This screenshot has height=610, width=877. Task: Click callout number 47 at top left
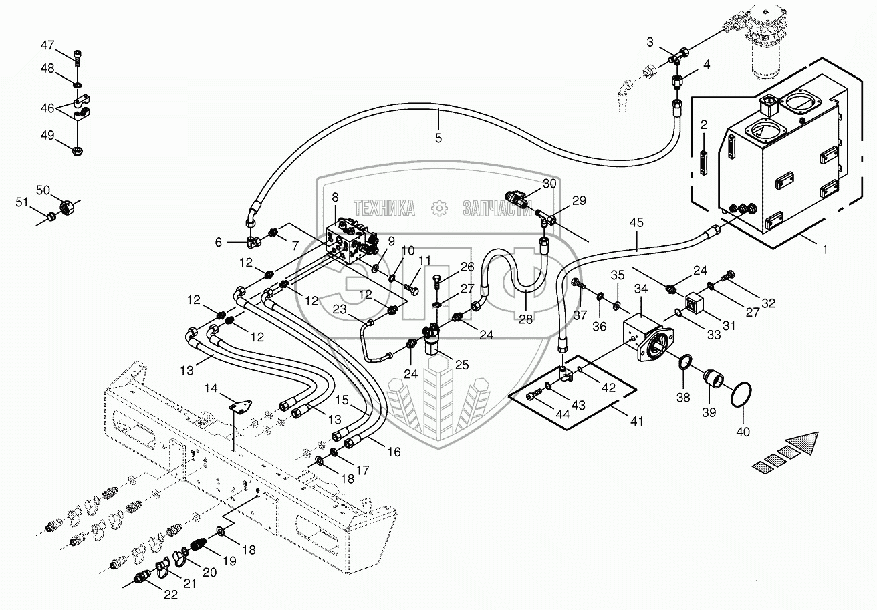point(47,45)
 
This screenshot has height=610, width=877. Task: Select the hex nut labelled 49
point(78,150)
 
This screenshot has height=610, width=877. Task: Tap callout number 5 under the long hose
point(438,138)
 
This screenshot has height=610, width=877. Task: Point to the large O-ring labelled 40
point(741,396)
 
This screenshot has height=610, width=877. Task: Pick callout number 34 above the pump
point(641,289)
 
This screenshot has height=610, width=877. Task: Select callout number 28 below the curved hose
point(525,319)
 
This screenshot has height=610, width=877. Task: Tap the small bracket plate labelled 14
point(239,405)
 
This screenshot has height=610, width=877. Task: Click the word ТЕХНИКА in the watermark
point(384,208)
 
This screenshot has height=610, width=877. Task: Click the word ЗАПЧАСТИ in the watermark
point(497,208)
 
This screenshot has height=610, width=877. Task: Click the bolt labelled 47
point(78,59)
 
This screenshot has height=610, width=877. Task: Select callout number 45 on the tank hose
point(636,222)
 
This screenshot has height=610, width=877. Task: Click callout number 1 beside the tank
point(825,249)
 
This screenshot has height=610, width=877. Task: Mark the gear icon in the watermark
point(439,208)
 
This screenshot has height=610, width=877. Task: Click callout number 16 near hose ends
point(394,452)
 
